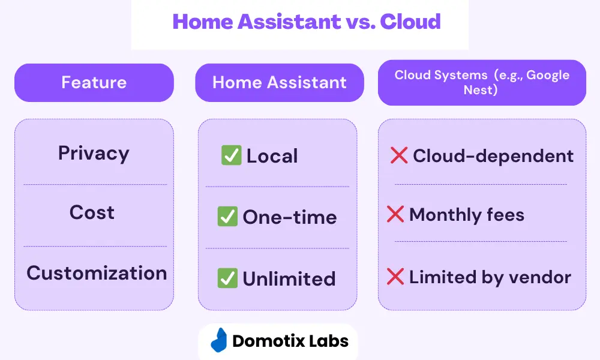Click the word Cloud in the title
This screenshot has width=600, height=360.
410,22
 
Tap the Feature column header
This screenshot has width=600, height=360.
94,83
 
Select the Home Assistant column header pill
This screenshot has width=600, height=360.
280,83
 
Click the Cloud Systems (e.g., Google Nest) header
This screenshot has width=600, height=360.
482,83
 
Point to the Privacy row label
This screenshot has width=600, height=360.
94,154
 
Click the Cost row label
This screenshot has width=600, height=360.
92,212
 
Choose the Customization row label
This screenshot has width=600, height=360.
97,273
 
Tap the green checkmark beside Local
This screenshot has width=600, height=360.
231,155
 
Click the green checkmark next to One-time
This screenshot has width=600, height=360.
227,217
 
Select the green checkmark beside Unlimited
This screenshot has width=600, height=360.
227,278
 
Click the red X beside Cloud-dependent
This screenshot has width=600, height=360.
399,155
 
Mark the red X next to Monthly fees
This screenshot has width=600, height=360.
395,214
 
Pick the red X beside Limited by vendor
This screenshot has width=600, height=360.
395,276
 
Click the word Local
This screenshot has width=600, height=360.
272,156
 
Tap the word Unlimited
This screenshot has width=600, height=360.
289,279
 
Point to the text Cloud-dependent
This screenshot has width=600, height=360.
493,156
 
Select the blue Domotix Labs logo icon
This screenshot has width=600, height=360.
219,340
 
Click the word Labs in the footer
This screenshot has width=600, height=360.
329,341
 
